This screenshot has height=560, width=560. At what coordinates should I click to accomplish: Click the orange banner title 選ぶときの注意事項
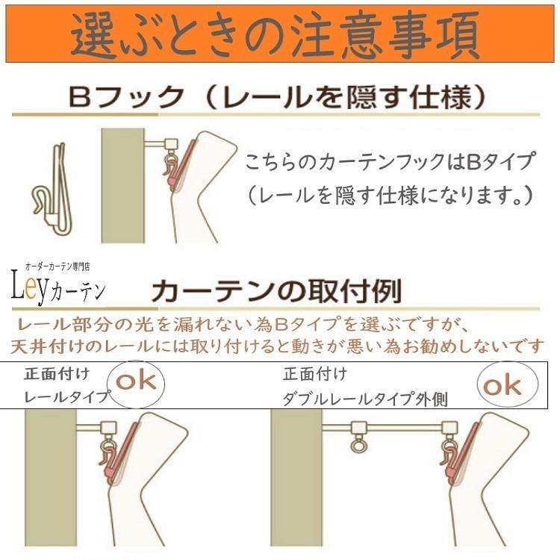tap(275, 35)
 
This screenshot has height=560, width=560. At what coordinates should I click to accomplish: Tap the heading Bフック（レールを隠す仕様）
tap(277, 97)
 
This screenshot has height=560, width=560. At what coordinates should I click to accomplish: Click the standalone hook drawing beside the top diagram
tap(54, 189)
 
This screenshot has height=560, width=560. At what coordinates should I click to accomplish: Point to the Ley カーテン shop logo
tap(57, 286)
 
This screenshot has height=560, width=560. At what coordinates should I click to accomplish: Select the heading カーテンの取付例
tap(276, 291)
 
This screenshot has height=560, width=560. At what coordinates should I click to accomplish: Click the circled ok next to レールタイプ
tap(136, 382)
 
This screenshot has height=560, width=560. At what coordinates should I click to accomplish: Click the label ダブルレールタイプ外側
tap(365, 399)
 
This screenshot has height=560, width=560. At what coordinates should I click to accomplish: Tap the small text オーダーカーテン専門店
tap(57, 267)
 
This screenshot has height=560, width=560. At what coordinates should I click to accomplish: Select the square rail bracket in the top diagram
tap(171, 144)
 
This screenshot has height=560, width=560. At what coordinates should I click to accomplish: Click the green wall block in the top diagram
tap(123, 185)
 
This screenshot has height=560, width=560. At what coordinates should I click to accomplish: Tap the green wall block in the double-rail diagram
tap(296, 478)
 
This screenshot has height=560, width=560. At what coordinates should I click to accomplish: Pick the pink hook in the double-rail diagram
tap(460, 453)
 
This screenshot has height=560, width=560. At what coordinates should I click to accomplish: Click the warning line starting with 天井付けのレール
tap(277, 346)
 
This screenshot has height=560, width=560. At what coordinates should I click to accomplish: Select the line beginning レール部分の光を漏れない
tap(242, 324)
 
